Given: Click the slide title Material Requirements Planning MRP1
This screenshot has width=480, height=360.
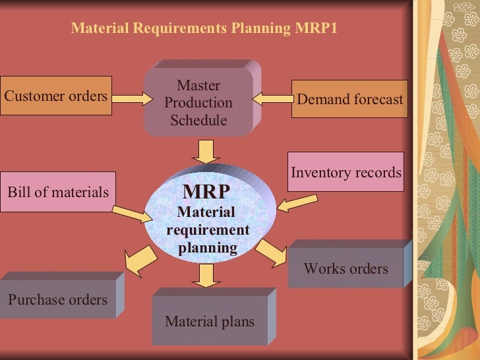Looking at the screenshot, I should click(x=204, y=29).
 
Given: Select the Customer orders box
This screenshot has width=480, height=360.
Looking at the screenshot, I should click(x=56, y=96).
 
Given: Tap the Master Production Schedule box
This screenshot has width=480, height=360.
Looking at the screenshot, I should click(x=198, y=103).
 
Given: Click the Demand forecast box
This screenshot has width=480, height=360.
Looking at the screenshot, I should click(x=349, y=100).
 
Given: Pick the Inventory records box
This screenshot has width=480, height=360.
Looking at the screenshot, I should click(x=345, y=173).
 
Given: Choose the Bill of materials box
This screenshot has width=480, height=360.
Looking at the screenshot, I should click(x=58, y=192).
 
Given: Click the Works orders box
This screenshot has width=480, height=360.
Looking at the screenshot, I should click(x=345, y=268).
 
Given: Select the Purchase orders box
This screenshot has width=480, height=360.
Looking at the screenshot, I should click(x=57, y=299).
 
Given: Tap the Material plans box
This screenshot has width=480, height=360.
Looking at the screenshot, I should click(x=210, y=321).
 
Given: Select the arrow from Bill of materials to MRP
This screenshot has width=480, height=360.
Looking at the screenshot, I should click(x=132, y=214).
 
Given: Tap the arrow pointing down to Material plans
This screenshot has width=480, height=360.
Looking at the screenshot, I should click(x=207, y=275).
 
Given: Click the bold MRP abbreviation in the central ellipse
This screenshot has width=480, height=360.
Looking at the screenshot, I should click(x=206, y=192).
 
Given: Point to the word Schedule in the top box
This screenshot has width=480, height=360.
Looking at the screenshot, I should click(x=198, y=121).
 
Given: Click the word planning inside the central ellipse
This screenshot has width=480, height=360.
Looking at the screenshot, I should click(x=208, y=248).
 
